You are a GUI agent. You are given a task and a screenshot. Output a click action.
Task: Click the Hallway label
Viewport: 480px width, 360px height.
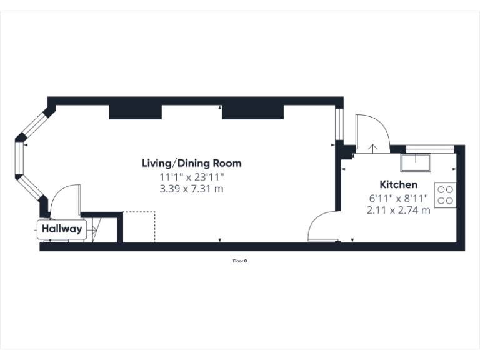pyautogui.click(x=62, y=229)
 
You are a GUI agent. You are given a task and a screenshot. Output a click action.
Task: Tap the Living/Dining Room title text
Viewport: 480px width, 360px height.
pyautogui.click(x=191, y=163)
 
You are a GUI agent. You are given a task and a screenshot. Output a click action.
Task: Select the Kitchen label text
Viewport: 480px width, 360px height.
pyautogui.click(x=398, y=184)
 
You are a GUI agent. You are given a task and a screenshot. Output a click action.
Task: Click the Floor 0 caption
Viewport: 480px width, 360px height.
pyautogui.click(x=240, y=261)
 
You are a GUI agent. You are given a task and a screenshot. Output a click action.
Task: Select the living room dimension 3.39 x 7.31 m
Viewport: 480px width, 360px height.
pyautogui.click(x=191, y=188)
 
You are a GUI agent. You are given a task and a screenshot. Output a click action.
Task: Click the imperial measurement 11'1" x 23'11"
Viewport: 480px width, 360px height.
pyautogui.click(x=191, y=176)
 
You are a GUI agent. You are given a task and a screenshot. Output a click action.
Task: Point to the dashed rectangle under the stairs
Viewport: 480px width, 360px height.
pyautogui.click(x=139, y=226)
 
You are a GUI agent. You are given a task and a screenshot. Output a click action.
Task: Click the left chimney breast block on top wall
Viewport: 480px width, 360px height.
pyautogui.click(x=136, y=111)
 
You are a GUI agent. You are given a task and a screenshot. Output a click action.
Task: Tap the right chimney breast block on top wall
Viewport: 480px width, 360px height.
pyautogui.click(x=253, y=111)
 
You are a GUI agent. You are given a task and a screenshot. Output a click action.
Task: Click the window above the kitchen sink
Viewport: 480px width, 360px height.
pyautogui.click(x=429, y=148)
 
